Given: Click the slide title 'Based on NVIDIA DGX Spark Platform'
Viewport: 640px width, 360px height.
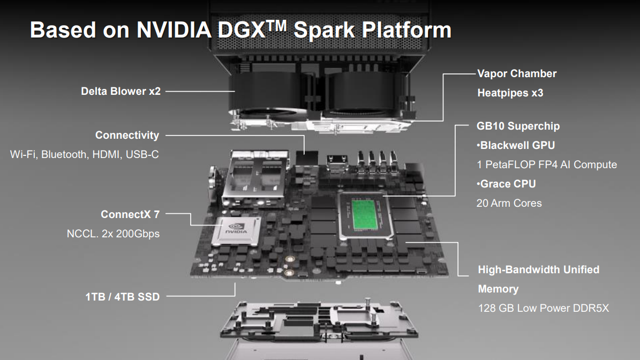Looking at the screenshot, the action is click(x=241, y=30).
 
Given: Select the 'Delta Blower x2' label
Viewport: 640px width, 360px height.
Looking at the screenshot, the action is click(x=121, y=91).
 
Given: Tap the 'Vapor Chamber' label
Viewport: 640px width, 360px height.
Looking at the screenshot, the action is click(x=517, y=73).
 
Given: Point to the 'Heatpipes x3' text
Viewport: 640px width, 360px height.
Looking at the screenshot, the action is click(x=510, y=93).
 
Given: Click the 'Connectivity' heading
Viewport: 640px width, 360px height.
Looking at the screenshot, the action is click(x=127, y=135).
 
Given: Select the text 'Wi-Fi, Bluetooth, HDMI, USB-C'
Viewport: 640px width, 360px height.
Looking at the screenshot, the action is click(x=85, y=154).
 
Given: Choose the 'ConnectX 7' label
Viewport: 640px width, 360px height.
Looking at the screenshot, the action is click(x=130, y=214).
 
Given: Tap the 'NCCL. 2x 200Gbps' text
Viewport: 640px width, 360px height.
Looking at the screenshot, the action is click(x=113, y=234).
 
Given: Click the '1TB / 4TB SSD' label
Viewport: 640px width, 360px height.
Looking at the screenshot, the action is click(x=123, y=297).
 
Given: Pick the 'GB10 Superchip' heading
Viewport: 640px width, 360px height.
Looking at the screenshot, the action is click(x=518, y=126).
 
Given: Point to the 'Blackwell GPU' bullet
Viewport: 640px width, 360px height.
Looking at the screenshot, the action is click(x=516, y=145).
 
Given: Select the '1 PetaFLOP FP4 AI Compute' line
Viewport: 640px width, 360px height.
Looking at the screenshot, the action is click(x=546, y=164).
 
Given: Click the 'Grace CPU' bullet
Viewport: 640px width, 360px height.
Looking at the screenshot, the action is click(x=506, y=184).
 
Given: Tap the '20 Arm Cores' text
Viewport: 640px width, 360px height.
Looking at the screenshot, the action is click(x=509, y=203).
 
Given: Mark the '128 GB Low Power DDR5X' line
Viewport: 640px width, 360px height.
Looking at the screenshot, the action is click(x=543, y=308).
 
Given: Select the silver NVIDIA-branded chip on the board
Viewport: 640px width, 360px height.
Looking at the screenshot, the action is click(x=236, y=231).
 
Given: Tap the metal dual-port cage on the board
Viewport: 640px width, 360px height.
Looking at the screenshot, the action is click(x=254, y=178).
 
